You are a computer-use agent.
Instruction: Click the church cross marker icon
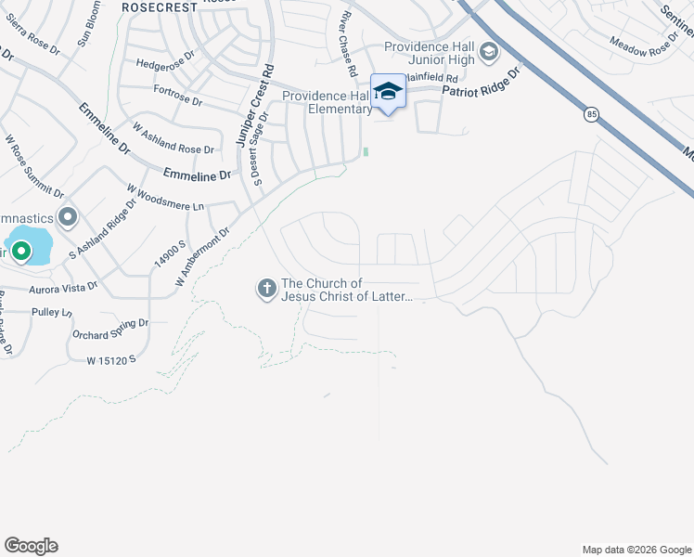[266, 289]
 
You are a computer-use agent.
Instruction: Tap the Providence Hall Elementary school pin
[388, 92]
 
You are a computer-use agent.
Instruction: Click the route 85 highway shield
[591, 114]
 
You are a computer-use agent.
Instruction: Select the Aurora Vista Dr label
[63, 289]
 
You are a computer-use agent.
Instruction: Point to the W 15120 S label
[111, 359]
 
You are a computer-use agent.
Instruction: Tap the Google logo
[31, 546]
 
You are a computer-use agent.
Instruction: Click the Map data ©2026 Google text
[636, 550]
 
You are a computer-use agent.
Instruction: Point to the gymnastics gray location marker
[67, 218]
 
